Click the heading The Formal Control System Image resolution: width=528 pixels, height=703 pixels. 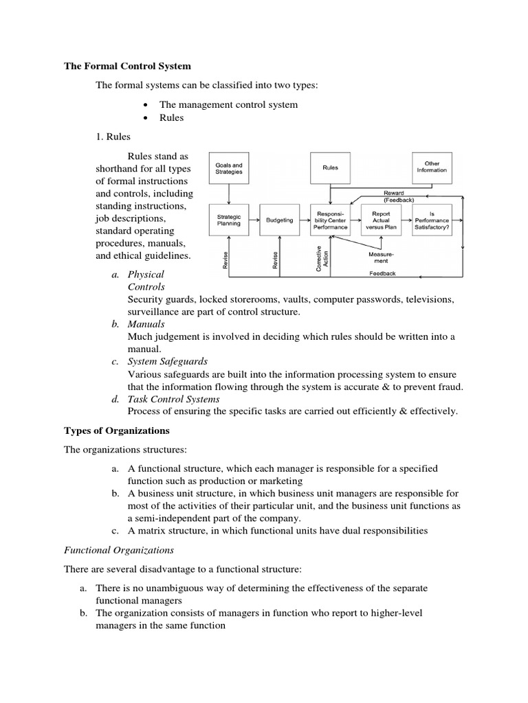(127, 67)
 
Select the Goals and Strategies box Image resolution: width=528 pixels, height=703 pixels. (229, 168)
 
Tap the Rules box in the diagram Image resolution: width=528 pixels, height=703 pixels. (330, 168)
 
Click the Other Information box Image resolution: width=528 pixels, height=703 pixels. (432, 168)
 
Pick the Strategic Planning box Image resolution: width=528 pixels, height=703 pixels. (229, 220)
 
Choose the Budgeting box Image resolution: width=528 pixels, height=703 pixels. (279, 220)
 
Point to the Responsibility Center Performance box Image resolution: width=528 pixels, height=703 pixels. (330, 220)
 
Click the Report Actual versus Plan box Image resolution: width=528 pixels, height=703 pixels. (381, 220)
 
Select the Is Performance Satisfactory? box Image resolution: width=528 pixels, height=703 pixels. (432, 220)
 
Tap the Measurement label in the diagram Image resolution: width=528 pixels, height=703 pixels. (381, 257)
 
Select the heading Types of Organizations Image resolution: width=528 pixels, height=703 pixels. (116, 431)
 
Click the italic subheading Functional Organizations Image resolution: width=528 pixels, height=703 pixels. (118, 550)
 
